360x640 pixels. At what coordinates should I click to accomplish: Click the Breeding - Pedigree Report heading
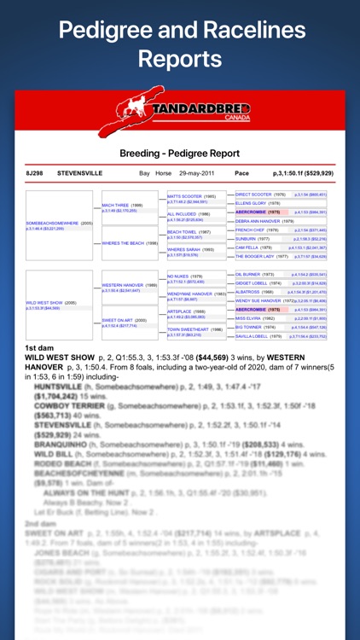[x=180, y=154]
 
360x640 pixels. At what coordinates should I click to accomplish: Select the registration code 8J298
[x=35, y=173]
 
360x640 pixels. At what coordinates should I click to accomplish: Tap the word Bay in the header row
[x=145, y=173]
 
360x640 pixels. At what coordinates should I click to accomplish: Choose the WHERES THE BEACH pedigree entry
[x=130, y=242]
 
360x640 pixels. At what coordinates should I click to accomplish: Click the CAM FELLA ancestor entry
[x=254, y=247]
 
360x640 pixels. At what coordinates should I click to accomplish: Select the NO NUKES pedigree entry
[x=185, y=276]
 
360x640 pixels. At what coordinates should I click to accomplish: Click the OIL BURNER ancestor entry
[x=255, y=274]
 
